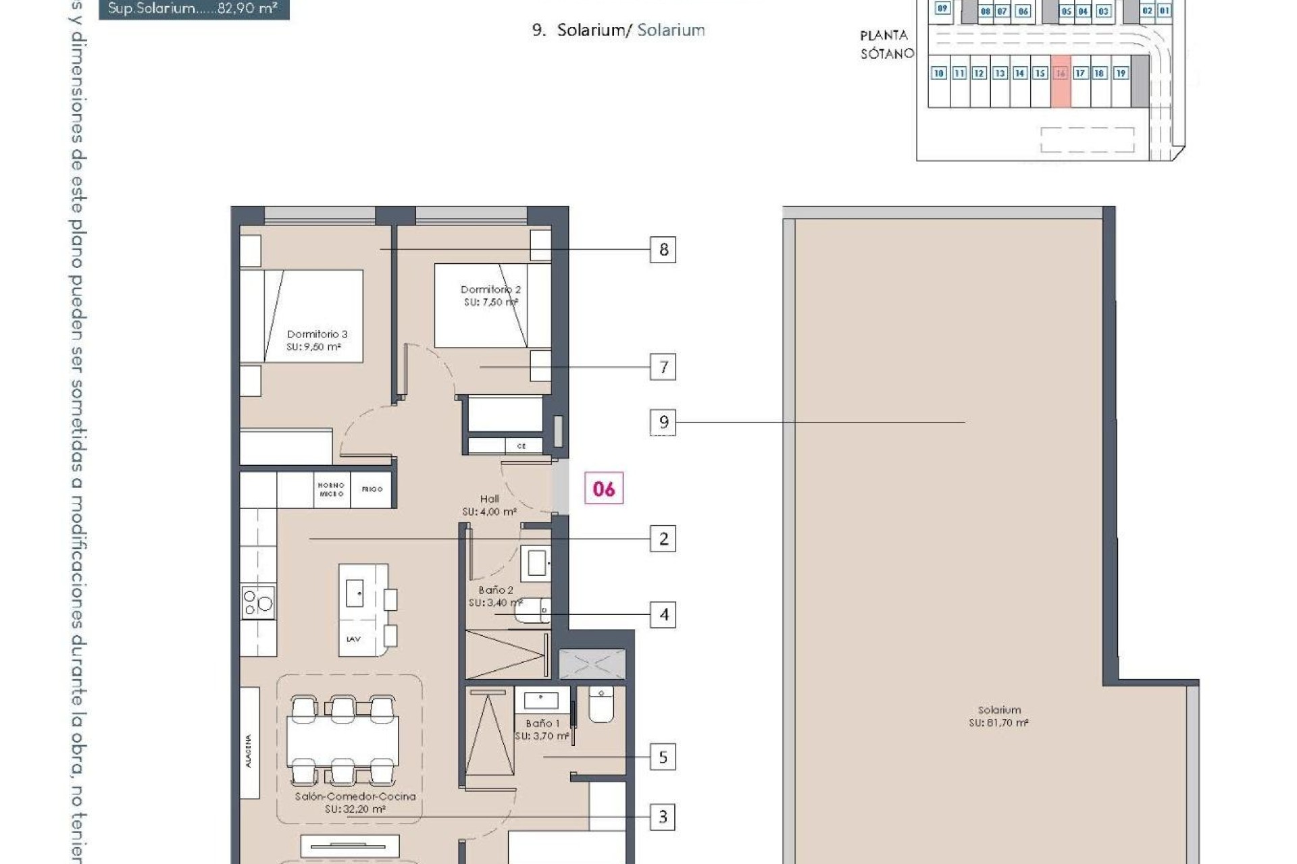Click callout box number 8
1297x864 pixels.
(x=663, y=250)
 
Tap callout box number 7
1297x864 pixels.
(x=663, y=367)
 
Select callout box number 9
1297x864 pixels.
(x=663, y=423)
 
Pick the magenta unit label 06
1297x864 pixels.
(x=604, y=489)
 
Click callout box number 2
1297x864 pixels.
(x=663, y=539)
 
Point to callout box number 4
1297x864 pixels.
(x=663, y=615)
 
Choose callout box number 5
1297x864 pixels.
(x=663, y=757)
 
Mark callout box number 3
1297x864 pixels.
(x=663, y=817)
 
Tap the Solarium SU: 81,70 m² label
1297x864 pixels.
(x=998, y=716)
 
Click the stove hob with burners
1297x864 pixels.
(x=258, y=601)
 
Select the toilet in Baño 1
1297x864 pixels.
(x=601, y=705)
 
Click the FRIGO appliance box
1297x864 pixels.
(x=372, y=489)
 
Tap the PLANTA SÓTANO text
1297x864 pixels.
(x=886, y=45)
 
